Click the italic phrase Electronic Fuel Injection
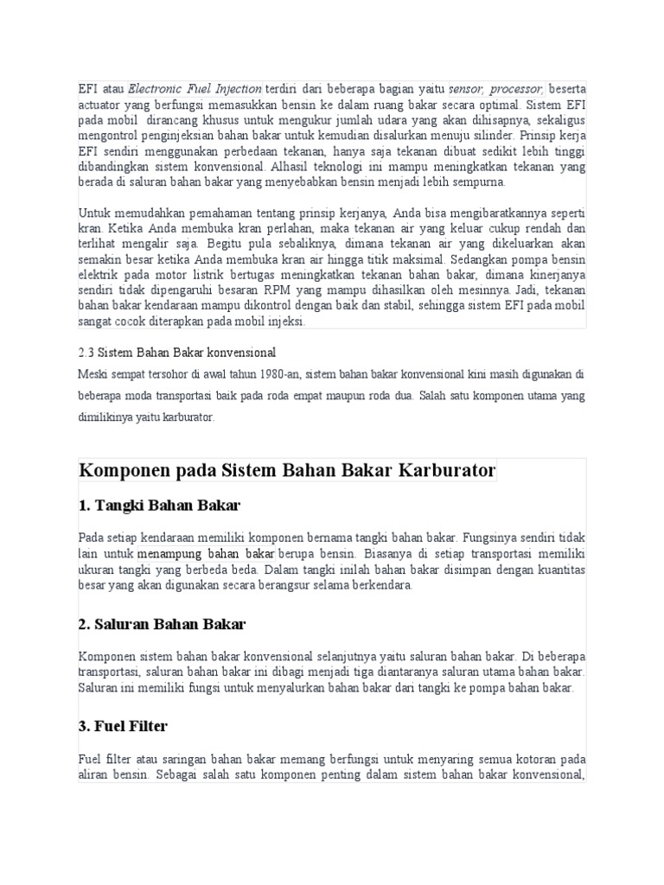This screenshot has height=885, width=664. pyautogui.click(x=195, y=89)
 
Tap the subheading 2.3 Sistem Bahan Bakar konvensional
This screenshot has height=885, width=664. pyautogui.click(x=176, y=353)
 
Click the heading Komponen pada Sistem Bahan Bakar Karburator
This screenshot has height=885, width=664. pyautogui.click(x=287, y=472)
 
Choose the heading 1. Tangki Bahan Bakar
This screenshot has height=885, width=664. pyautogui.click(x=159, y=505)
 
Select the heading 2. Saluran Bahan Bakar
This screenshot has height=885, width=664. pyautogui.click(x=163, y=623)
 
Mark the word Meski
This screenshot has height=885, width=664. pyautogui.click(x=93, y=373)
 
